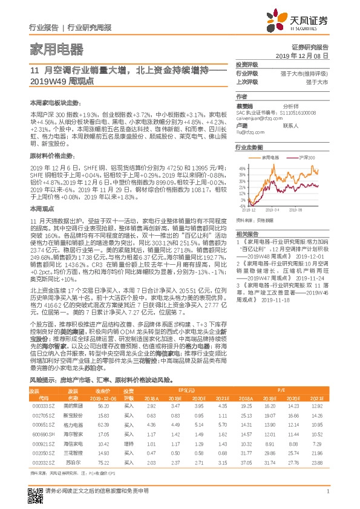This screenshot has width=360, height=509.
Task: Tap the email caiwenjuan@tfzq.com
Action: point(256,120)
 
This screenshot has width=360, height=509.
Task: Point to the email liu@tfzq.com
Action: point(247,131)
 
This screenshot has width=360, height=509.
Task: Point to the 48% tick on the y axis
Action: point(241,167)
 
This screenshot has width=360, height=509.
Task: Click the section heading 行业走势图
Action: point(249,147)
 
